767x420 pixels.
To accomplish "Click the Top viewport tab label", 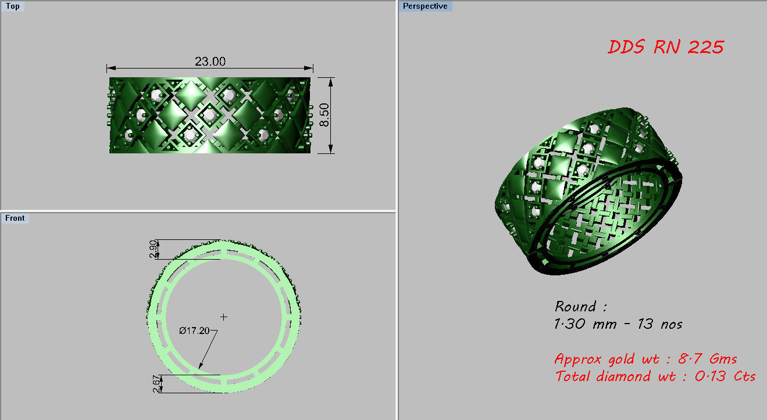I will point(13,6).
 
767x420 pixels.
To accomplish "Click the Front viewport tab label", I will point(15,218).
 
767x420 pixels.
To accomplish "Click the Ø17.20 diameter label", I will point(194,331).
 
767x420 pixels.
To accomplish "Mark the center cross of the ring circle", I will point(224,317).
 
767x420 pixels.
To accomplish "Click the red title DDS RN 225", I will point(666,47).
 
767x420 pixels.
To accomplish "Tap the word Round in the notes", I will point(576,306).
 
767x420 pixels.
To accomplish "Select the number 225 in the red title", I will point(705,47).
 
